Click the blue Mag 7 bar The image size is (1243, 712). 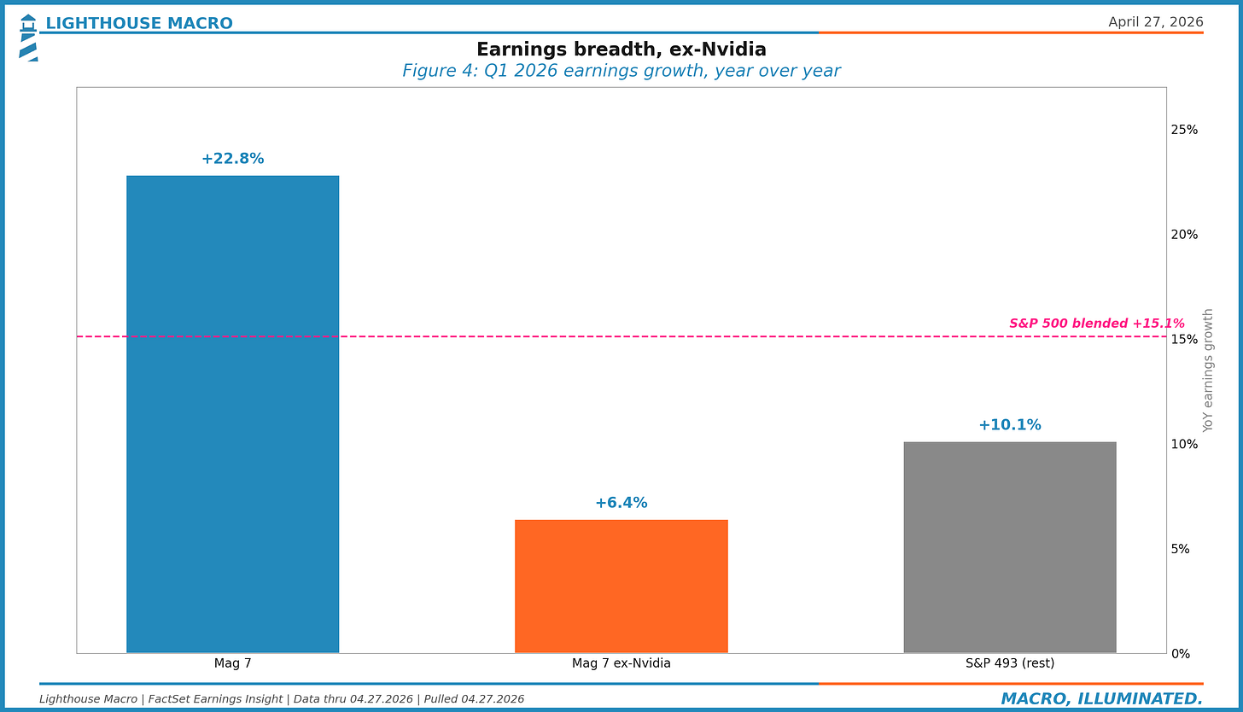pos(232,414)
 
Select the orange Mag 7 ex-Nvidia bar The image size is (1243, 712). pos(621,586)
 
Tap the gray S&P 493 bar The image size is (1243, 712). pos(1009,547)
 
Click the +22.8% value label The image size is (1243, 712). pos(232,159)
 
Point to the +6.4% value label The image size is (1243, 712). pos(621,503)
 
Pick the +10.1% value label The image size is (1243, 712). pos(1009,425)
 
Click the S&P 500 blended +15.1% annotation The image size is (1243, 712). pos(1096,324)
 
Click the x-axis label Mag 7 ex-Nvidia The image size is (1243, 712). pos(621,663)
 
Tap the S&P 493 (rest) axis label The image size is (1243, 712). pos(1009,663)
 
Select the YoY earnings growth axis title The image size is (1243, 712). pos(1208,370)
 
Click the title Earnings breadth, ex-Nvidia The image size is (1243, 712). pos(621,50)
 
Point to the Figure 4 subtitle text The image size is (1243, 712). pos(621,71)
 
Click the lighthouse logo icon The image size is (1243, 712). pos(28,38)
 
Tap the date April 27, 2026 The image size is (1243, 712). pos(1155,22)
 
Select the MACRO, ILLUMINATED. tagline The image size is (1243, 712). pos(1101,699)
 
